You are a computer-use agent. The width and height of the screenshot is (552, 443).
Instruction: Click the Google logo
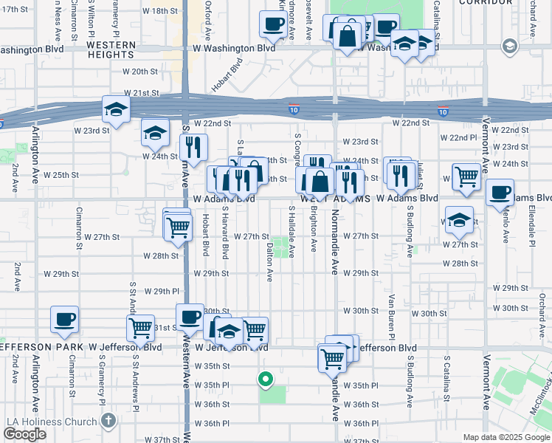(x=24, y=434)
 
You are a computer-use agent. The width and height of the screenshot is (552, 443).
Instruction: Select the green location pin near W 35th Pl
(x=266, y=380)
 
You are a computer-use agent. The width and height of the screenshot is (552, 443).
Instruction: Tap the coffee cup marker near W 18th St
(x=272, y=24)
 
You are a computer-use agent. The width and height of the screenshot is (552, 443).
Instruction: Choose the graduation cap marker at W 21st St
(x=116, y=110)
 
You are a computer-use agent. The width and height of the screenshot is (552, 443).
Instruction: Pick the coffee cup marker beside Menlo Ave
(x=500, y=193)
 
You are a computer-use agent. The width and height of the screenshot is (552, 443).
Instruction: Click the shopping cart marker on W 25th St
(x=466, y=177)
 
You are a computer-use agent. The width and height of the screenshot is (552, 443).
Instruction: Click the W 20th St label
(x=131, y=72)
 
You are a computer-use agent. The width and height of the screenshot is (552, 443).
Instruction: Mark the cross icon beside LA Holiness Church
(x=108, y=422)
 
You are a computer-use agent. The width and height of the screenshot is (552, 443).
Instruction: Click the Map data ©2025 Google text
(x=506, y=437)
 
